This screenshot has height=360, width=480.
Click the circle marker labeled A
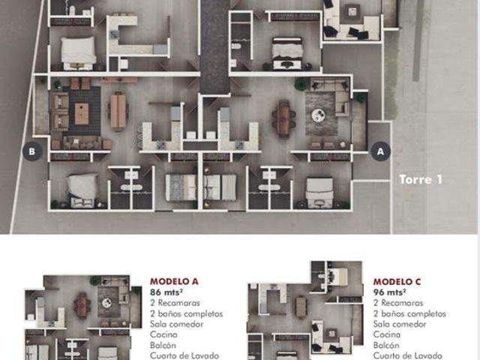(380, 151)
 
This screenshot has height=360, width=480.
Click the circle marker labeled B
(32, 151)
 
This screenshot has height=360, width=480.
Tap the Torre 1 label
(421, 179)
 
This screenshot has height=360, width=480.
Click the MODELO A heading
(174, 281)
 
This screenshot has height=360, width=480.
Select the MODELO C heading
(397, 282)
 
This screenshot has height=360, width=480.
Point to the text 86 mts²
(166, 292)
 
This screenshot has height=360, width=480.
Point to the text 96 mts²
(390, 292)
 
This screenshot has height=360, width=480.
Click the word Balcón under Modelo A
(163, 345)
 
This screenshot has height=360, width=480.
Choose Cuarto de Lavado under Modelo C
(408, 355)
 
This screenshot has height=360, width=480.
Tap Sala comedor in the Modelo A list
(177, 324)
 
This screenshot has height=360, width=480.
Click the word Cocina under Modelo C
(387, 334)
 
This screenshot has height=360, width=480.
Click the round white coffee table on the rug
(318, 115)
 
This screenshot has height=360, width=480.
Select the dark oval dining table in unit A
(283, 118)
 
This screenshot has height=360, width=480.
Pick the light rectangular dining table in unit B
(118, 111)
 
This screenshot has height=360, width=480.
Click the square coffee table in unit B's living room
(82, 114)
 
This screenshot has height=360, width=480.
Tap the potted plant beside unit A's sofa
(302, 83)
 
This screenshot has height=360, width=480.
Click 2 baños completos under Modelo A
(187, 313)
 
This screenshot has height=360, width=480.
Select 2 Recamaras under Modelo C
(398, 303)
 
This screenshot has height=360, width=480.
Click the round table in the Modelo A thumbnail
(106, 303)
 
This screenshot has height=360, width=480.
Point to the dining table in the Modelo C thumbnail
(301, 307)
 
